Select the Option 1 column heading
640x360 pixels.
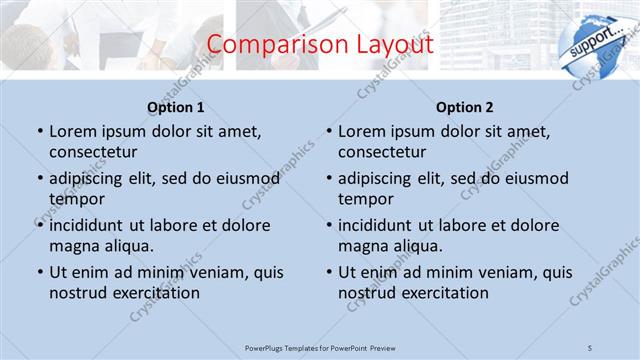coord(176,107)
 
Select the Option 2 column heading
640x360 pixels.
coord(465,107)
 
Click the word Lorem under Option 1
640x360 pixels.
coord(72,131)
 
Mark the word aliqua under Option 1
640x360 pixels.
coord(127,245)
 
